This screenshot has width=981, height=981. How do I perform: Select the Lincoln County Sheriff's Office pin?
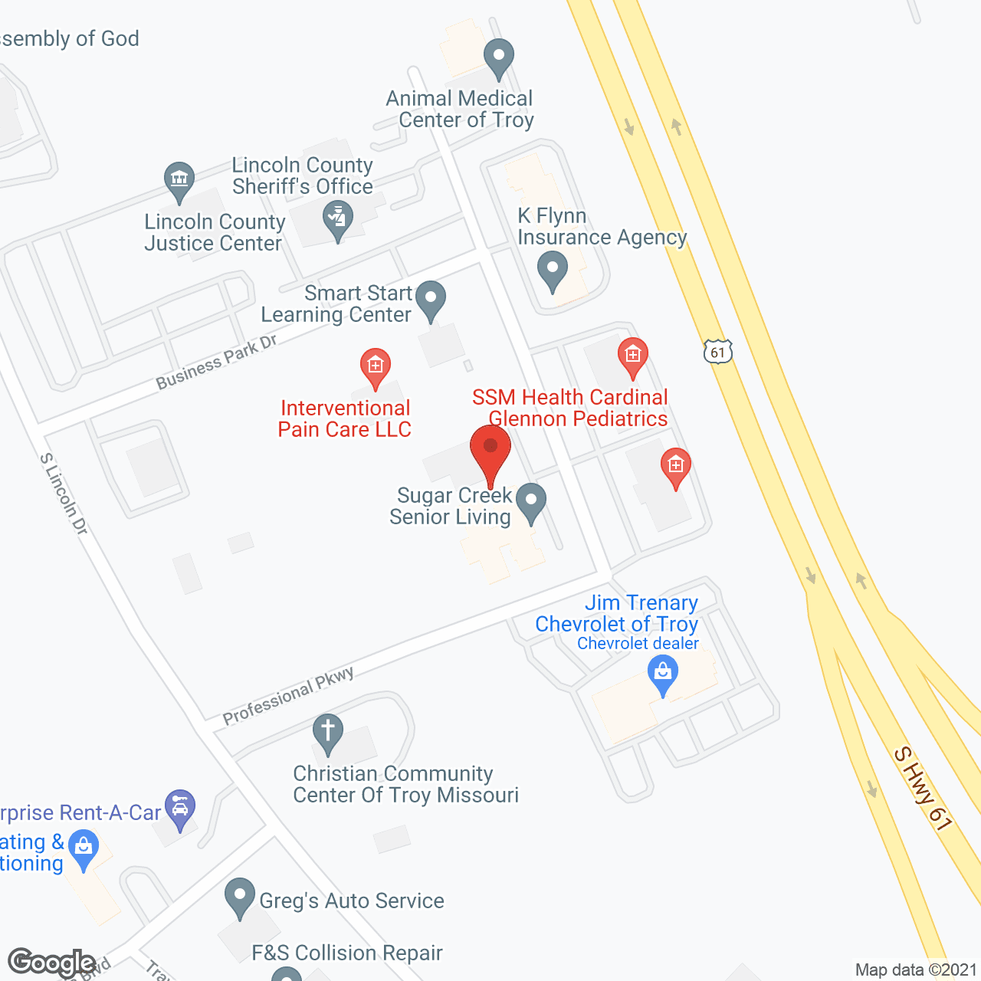[338, 218]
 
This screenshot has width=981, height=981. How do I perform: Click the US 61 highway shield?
[717, 353]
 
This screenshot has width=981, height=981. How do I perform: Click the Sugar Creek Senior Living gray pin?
[530, 502]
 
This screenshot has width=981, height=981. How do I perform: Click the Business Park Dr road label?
[216, 362]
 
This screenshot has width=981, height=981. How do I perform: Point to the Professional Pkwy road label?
[288, 695]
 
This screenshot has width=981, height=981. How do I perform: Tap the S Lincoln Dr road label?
[64, 494]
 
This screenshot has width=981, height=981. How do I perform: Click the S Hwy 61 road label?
[923, 789]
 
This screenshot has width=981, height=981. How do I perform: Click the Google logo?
[51, 963]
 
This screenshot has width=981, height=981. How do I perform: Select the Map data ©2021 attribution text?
[916, 970]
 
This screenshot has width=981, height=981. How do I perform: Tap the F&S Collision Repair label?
[347, 953]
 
